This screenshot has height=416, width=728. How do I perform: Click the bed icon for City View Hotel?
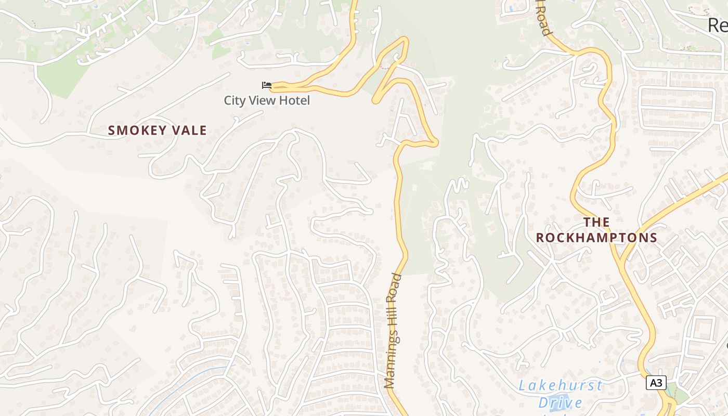click(267, 85)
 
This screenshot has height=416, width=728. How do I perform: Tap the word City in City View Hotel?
click(233, 100)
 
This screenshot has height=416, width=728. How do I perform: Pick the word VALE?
click(189, 131)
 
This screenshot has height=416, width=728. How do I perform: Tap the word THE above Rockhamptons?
click(596, 223)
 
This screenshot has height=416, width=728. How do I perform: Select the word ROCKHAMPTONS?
click(596, 238)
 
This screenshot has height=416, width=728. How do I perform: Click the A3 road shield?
click(656, 383)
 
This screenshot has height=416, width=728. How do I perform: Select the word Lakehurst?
click(561, 386)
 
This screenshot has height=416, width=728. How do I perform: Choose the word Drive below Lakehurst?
click(560, 402)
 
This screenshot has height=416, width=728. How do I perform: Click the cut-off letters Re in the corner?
click(718, 24)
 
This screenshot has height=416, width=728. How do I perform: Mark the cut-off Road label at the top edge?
click(544, 19)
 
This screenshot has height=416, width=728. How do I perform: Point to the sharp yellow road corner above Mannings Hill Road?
click(436, 143)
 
